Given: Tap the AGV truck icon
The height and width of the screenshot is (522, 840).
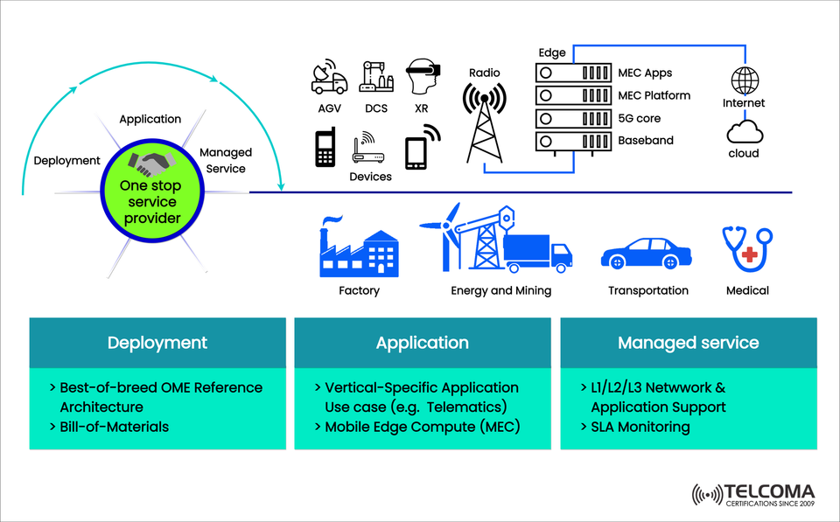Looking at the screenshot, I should [329, 78].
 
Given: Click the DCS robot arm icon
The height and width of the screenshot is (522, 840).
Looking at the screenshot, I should [376, 77].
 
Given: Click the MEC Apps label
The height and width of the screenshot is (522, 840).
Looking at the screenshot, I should [645, 73].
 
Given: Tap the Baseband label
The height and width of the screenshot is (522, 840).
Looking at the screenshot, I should [645, 140].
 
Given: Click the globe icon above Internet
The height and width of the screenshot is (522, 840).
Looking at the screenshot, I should [745, 80].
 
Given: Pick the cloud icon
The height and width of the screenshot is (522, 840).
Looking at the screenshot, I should [745, 133].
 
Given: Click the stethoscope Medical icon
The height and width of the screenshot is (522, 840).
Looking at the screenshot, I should [746, 248].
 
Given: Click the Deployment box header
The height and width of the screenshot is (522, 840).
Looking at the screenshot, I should [157, 343].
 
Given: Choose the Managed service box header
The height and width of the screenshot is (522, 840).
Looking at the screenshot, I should [688, 343].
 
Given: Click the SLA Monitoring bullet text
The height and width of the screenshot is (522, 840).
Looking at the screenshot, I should [635, 427].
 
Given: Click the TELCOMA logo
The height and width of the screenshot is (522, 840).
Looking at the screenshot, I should [753, 495].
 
